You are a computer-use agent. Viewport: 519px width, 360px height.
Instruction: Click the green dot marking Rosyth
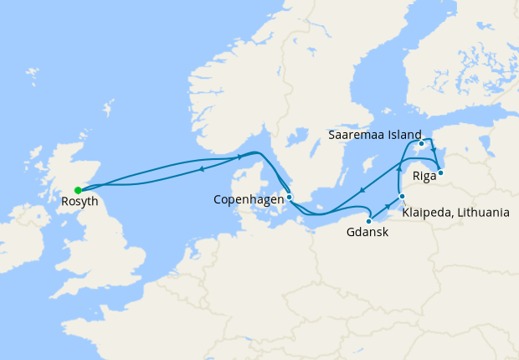78,190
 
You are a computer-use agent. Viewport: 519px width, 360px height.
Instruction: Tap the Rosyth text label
80,202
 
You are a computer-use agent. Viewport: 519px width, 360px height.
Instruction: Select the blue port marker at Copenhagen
289,198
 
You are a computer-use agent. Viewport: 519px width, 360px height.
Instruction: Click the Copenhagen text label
249,200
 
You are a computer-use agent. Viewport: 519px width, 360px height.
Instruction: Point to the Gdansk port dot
369,221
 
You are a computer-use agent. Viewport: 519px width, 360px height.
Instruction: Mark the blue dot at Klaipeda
403,197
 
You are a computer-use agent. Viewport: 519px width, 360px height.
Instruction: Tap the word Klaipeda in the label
427,213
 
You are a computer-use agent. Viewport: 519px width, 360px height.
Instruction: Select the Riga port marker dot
440,173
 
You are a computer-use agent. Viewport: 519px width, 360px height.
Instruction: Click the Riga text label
424,177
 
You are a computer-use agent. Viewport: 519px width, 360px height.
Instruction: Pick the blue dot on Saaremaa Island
421,144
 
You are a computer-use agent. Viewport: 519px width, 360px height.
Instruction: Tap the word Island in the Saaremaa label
400,135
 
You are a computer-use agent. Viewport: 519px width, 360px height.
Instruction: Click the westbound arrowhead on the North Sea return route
202,169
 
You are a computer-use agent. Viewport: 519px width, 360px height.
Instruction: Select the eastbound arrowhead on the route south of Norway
241,157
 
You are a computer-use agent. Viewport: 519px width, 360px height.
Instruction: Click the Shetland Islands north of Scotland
107,109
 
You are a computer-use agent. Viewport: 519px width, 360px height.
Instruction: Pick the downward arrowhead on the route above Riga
434,152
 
